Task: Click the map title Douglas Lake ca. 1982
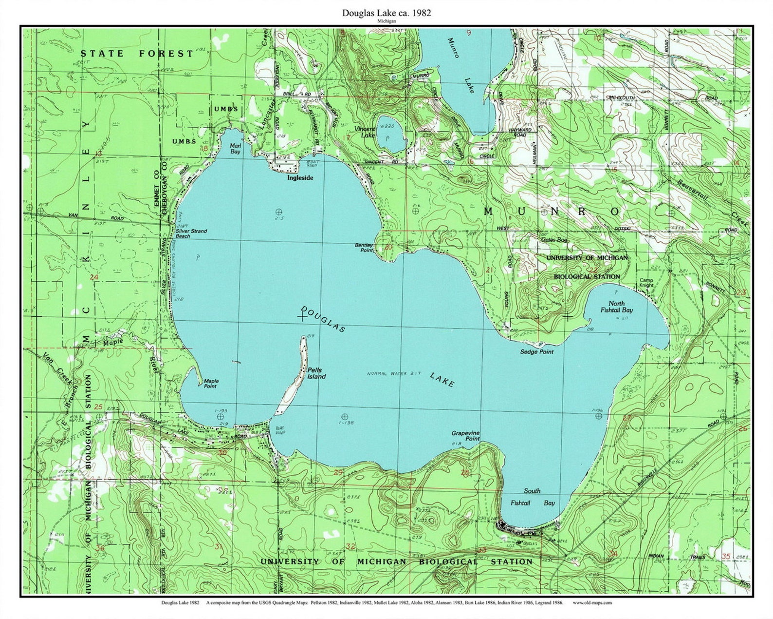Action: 386,14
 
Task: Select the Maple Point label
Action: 211,384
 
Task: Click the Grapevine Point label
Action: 465,436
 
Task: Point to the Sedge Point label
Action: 536,351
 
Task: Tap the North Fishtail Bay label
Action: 616,307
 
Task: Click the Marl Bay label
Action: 235,148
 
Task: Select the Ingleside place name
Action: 300,178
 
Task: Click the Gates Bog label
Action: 554,240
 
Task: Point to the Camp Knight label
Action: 646,283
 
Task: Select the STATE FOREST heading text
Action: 137,54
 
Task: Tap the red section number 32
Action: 350,546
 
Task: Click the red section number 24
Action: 94,277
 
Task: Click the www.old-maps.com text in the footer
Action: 592,602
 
